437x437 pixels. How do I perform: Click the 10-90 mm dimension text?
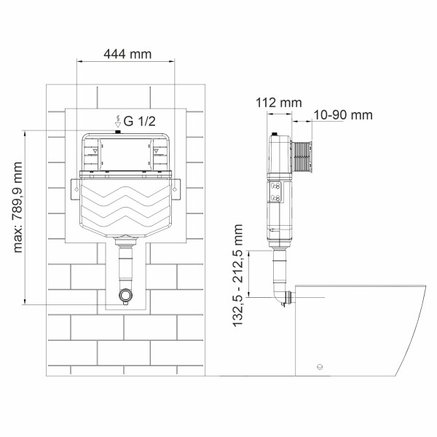click(x=343, y=114)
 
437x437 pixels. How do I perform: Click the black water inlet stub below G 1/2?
click(x=118, y=133)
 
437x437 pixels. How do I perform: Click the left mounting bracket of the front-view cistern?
click(x=76, y=188)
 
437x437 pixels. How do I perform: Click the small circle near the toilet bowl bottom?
click(x=318, y=366)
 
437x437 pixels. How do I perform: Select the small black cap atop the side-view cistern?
click(x=275, y=135)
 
